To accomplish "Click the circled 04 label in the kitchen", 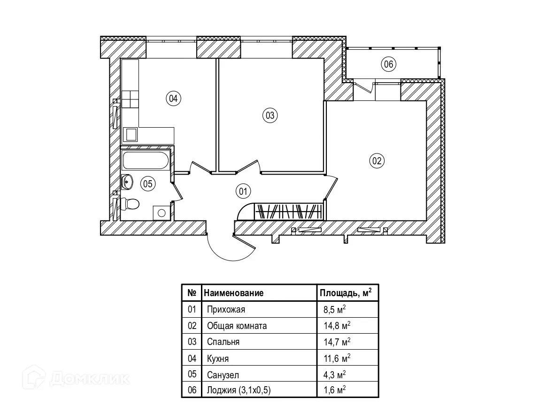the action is coord(173,99).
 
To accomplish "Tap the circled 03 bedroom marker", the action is coord(270,115).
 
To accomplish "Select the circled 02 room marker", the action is coord(377,160).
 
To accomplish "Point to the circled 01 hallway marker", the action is coord(243,191).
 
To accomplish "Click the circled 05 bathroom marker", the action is coord(148,184).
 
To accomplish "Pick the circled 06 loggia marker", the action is coord(388,64).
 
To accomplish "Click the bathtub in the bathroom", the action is coord(146,160).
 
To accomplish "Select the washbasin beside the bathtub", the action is coord(127,181).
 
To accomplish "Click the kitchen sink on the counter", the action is coord(131,135).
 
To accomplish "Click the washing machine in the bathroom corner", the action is coord(161,213).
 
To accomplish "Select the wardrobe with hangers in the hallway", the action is coord(289,211).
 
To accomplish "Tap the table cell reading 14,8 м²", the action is coord(337,325).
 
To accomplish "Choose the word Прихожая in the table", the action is coord(226,309).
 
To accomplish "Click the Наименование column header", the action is coord(233,293).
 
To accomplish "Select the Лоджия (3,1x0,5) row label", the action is coord(239,390).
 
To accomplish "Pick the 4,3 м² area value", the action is coord(334,374).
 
